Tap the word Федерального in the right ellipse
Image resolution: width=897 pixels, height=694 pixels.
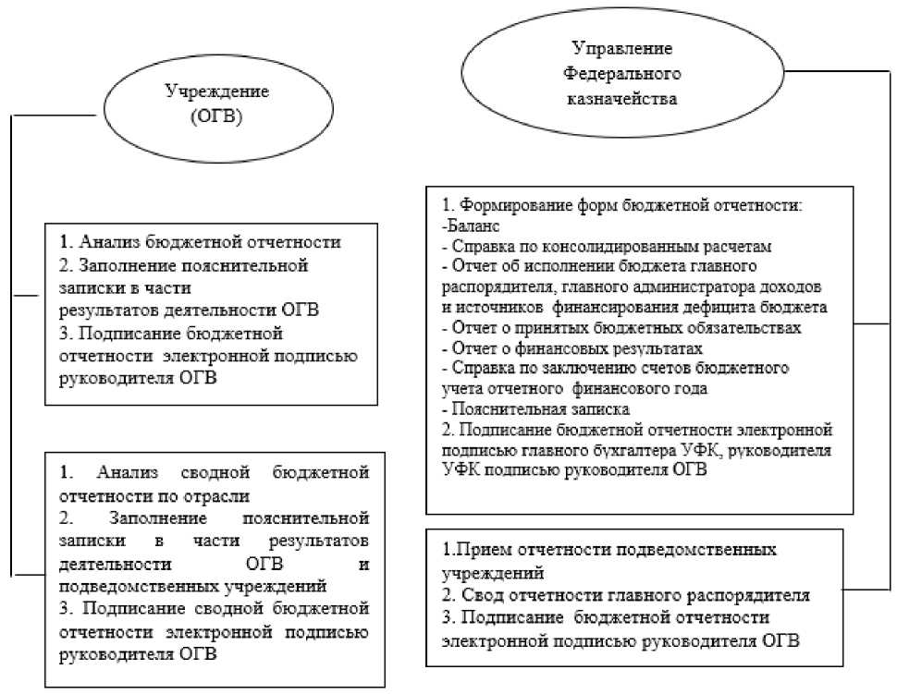click(x=622, y=72)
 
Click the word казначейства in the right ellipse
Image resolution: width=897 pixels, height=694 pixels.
click(x=622, y=95)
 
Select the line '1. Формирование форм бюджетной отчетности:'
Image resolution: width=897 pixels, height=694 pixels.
click(x=621, y=204)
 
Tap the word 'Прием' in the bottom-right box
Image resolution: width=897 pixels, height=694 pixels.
click(x=478, y=550)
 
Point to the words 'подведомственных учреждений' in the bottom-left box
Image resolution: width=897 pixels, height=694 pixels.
click(x=192, y=586)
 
